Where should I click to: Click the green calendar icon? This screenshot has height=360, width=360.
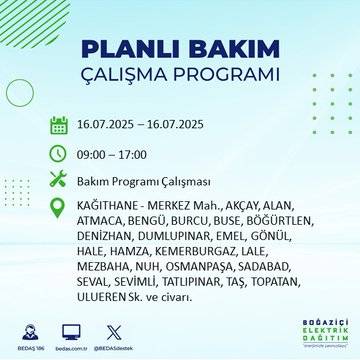click(59, 126)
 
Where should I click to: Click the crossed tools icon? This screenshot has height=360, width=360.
click(59, 180)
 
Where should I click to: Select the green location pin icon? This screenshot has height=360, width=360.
click(59, 206)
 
